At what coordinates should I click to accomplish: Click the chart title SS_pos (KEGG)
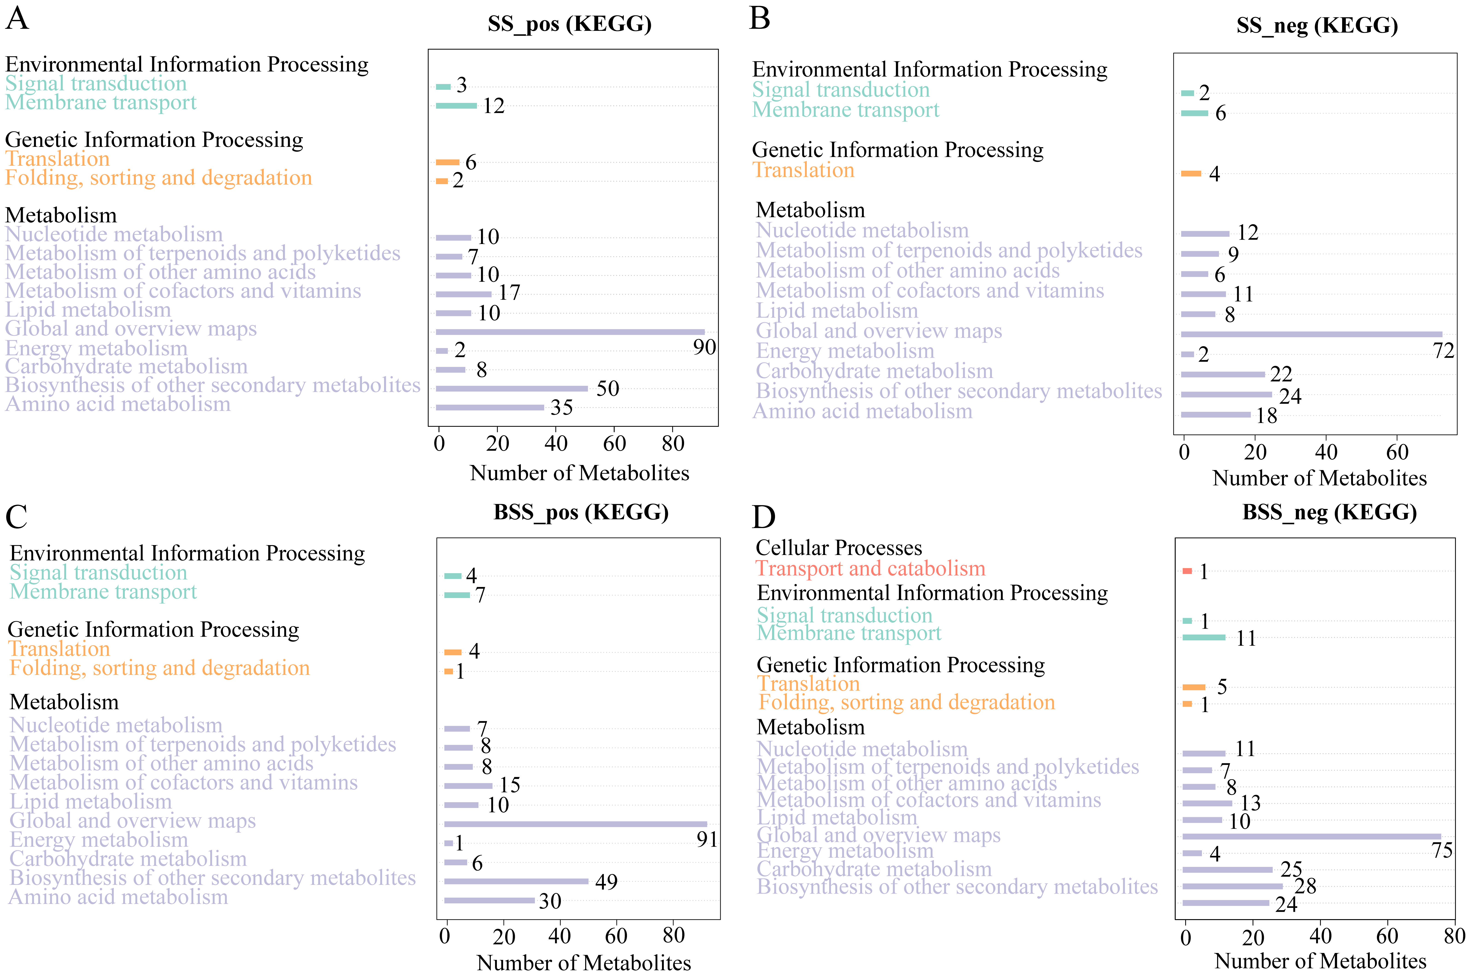coord(570,24)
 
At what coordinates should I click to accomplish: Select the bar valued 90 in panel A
coord(570,332)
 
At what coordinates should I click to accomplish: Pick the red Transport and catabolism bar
coord(1187,571)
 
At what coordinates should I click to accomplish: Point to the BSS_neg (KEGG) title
coord(1329,512)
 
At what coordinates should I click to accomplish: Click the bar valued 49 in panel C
coord(516,881)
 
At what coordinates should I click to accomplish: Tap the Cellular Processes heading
coord(838,548)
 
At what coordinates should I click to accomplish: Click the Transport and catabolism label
coord(870,568)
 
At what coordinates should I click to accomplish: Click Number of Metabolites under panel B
coord(1320,478)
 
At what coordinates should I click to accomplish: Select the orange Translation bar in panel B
coord(1191,173)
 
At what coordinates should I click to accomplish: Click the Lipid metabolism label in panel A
coord(88,310)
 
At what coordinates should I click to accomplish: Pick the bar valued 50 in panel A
coord(512,388)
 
